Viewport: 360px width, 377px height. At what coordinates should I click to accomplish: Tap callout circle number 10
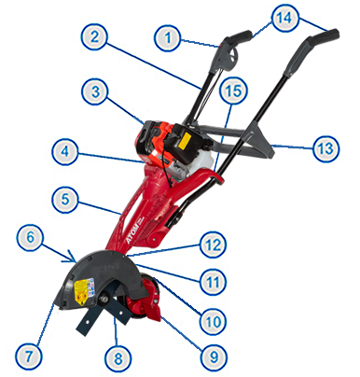pos(213,321)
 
